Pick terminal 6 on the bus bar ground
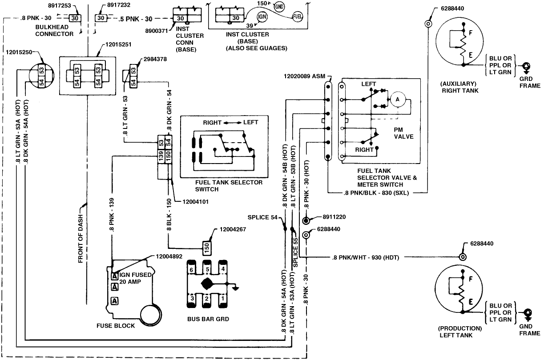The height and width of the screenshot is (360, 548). point(191,269)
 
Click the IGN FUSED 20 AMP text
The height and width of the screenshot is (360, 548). point(135,278)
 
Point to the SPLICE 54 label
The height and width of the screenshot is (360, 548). point(262,217)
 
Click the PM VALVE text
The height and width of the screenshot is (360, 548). point(403,132)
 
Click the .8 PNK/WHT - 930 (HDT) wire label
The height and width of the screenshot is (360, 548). point(366,257)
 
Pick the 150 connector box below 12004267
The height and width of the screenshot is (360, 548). point(207,247)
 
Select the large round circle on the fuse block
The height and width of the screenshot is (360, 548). point(149,316)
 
